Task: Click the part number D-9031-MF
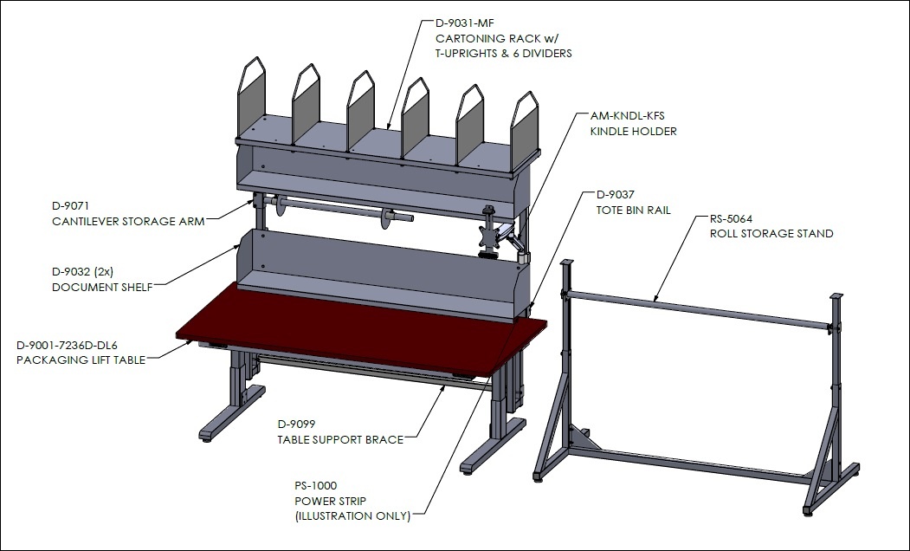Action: click(x=464, y=23)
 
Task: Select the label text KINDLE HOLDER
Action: click(x=633, y=131)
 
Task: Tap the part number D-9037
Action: click(x=615, y=195)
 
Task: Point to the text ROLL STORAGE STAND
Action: click(x=771, y=233)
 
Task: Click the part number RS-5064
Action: click(x=732, y=219)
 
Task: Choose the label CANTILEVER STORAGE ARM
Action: click(x=128, y=221)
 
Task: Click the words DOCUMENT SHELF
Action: click(x=102, y=288)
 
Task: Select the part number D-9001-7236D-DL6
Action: click(x=67, y=346)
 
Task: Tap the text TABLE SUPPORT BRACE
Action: click(x=340, y=439)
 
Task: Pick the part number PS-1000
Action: click(x=315, y=485)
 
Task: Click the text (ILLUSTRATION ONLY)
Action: click(x=352, y=515)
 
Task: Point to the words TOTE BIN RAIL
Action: click(x=633, y=211)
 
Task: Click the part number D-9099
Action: click(x=296, y=425)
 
